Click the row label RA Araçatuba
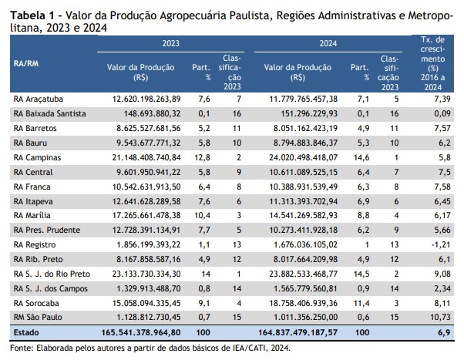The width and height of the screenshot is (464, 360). (39, 99)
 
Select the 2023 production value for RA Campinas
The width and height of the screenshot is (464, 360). (146, 157)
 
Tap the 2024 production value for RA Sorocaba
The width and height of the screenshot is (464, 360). (304, 303)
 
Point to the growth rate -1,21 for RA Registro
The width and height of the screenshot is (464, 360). (441, 245)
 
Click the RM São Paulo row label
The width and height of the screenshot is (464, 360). (38, 317)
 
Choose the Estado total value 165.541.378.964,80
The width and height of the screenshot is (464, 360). (141, 332)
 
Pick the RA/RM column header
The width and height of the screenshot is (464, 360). (26, 64)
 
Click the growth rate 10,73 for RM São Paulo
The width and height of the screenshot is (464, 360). (440, 317)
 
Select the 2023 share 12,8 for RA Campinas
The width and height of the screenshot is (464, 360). (202, 157)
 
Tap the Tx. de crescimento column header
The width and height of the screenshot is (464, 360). (432, 63)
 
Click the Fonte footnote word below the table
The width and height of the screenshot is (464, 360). (22, 348)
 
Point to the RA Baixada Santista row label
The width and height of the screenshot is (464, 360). (49, 113)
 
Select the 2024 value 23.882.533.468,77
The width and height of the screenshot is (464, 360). (304, 274)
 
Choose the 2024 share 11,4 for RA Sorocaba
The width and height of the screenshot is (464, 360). (361, 303)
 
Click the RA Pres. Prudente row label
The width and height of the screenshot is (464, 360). (47, 230)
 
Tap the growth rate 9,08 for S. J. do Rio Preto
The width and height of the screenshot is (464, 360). (442, 274)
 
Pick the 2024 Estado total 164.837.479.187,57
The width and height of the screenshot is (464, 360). (298, 332)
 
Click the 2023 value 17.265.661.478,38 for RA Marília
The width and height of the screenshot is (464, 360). (146, 215)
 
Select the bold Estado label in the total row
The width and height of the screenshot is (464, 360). (26, 332)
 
